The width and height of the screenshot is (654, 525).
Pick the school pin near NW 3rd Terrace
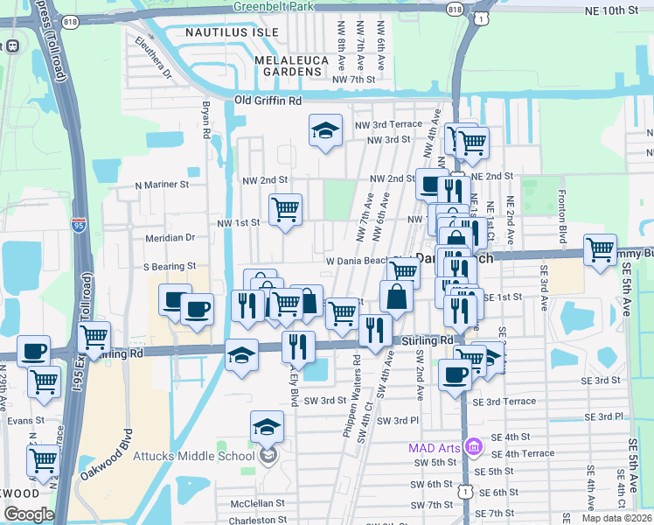(x=325, y=131)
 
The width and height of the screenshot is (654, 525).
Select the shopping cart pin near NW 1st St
(x=285, y=210)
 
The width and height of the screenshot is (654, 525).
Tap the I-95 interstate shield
(x=78, y=223)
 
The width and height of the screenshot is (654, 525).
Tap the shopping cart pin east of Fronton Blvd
(x=601, y=250)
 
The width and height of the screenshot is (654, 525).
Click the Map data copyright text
(x=617, y=518)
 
